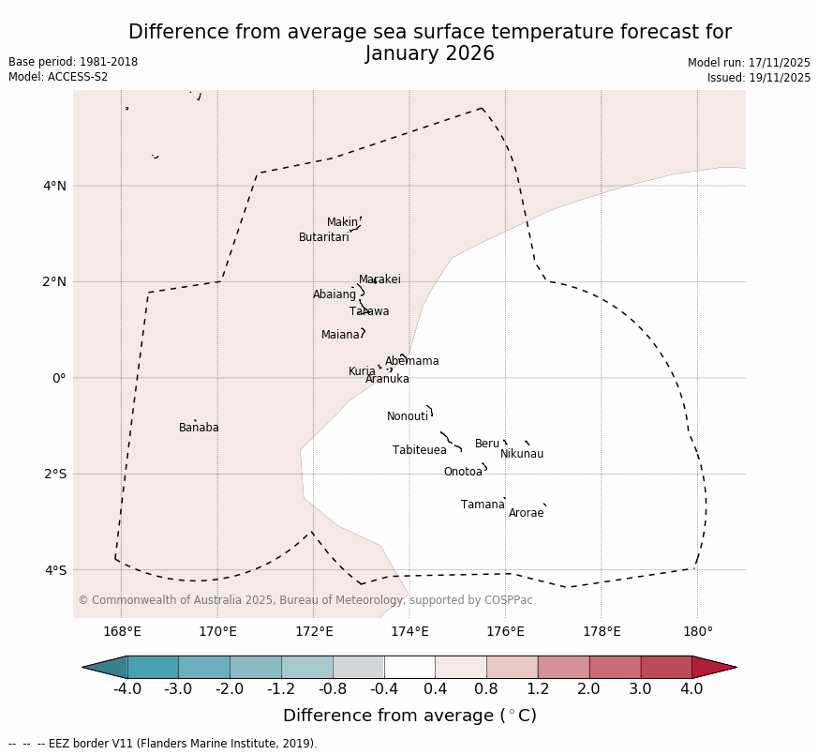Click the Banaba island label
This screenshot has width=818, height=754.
pos(199,428)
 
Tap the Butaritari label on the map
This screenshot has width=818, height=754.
pos(324,237)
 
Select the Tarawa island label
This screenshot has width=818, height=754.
pos(369,311)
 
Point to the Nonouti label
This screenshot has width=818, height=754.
pos(408,416)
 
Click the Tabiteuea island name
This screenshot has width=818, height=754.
pos(420,450)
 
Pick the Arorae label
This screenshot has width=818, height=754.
pos(526,513)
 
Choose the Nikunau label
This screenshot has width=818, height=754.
pos(522,454)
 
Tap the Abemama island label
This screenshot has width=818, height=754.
pos(412,361)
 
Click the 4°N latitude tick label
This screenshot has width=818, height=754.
pos(54,186)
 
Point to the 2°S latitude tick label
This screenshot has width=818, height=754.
pos(54,474)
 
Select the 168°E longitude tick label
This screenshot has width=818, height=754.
pos(122,631)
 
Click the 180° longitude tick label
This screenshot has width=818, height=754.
pos(697,631)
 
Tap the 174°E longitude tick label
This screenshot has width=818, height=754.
pos(409,631)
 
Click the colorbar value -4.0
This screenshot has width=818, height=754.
pos(127,689)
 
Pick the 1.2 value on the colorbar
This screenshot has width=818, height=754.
pos(538,689)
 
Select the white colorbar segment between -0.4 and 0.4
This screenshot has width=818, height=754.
pos(409,667)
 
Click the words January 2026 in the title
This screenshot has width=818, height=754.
pos(429,53)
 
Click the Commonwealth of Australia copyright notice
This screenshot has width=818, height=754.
pos(305,600)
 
